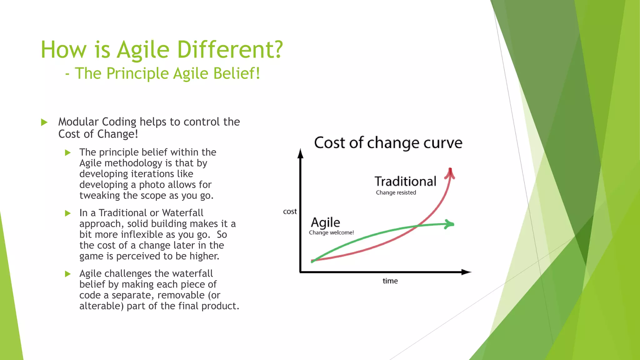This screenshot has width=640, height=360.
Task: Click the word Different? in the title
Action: (230, 50)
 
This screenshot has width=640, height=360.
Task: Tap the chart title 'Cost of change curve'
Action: (388, 143)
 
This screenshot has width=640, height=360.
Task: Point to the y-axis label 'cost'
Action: (290, 212)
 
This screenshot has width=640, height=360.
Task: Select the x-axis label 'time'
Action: (390, 281)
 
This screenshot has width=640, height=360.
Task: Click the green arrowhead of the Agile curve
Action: (450, 224)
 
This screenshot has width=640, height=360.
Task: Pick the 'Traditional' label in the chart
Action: (405, 181)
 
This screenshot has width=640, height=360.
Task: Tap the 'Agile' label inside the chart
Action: (325, 222)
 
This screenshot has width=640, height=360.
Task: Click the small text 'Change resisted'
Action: (396, 192)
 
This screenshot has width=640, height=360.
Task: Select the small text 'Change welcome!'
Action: (331, 232)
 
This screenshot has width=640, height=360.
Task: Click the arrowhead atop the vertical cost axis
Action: (300, 154)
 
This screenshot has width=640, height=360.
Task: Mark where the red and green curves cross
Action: (418, 226)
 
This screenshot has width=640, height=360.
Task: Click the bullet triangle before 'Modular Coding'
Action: (44, 122)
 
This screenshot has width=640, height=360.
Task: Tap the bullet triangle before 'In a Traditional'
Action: (68, 213)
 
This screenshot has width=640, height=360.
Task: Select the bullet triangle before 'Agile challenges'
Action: (68, 274)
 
